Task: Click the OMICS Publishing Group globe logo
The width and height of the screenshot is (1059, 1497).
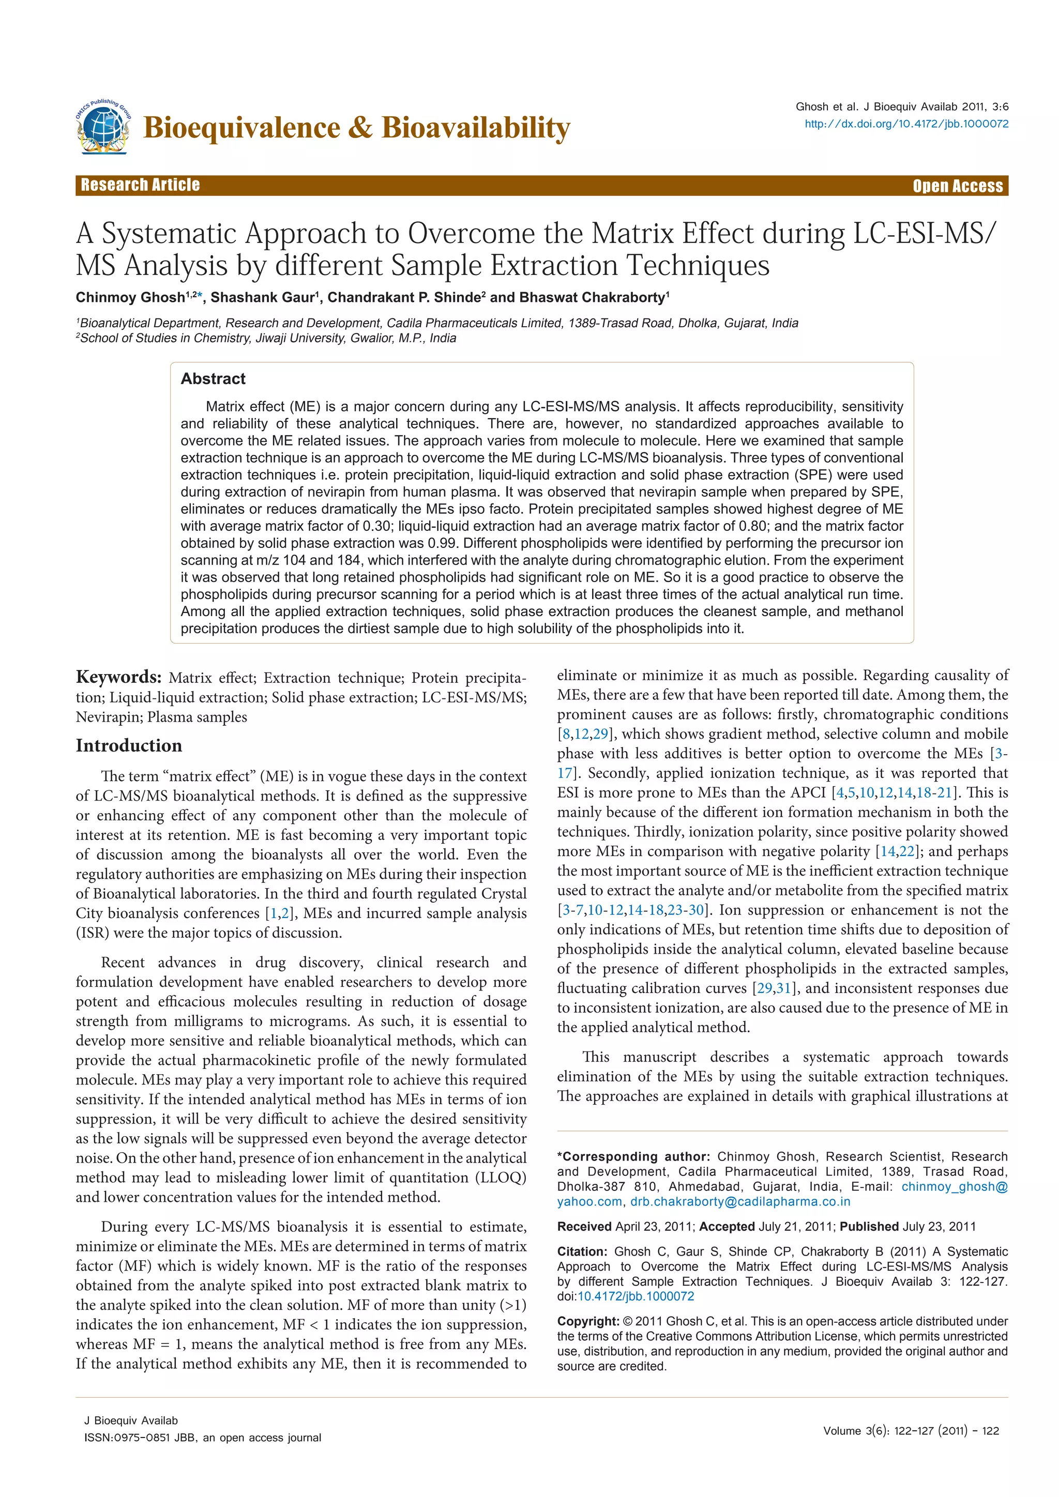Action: (103, 127)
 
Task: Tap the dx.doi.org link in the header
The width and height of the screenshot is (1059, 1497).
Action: (906, 124)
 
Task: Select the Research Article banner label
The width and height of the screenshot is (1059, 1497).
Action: (140, 185)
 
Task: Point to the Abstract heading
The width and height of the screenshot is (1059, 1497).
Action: (213, 379)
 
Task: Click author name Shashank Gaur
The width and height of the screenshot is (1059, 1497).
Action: (262, 298)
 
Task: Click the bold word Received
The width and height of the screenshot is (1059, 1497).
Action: (584, 1227)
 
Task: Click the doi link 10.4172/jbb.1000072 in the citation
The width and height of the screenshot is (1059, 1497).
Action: (636, 1296)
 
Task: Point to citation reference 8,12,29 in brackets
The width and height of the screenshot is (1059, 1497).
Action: (584, 734)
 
